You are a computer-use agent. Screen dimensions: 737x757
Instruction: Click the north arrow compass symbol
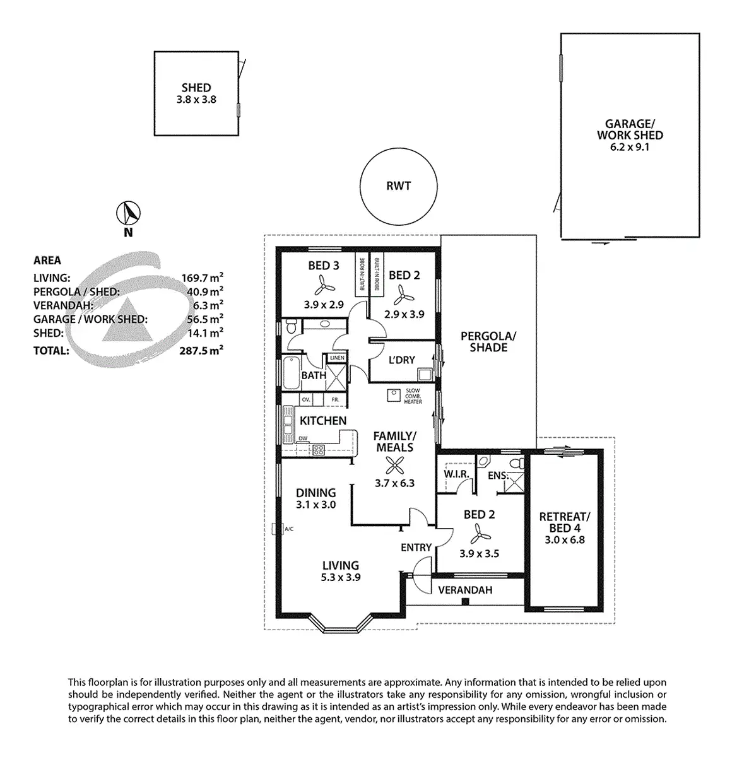(129, 213)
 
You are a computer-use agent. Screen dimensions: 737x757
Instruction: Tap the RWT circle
(398, 186)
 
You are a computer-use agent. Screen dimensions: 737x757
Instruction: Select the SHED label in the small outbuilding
(196, 88)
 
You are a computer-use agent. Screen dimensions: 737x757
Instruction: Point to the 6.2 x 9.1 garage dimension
(630, 147)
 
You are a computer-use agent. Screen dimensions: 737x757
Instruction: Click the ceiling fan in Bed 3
(323, 286)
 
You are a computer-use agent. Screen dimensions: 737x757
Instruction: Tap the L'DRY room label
(401, 360)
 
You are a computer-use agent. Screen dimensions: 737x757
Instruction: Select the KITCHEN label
(322, 421)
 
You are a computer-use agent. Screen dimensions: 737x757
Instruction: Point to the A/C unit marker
(274, 529)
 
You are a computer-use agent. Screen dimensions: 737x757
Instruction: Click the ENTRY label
(416, 548)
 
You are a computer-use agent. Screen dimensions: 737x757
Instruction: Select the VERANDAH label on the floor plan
(465, 590)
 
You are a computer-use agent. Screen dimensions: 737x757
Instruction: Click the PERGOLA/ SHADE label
(488, 341)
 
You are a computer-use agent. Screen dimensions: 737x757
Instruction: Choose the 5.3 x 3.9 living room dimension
(341, 577)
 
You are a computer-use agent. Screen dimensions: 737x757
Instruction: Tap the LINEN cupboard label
(336, 358)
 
